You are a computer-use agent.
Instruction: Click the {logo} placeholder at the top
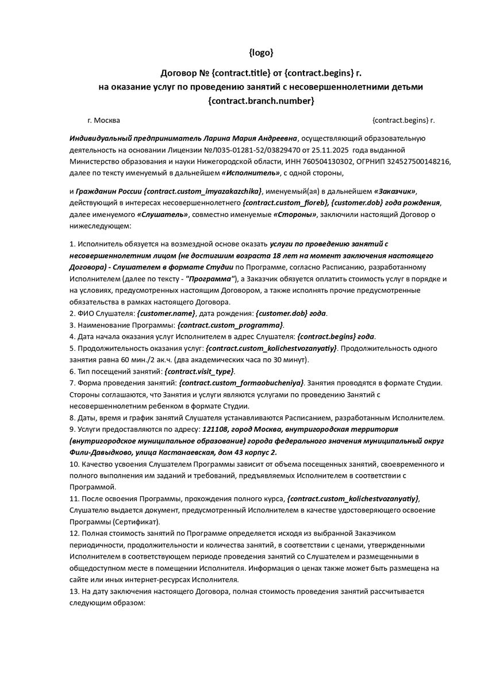(x=261, y=53)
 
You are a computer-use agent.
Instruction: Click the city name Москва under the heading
(x=107, y=121)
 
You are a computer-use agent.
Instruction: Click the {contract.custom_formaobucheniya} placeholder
(x=241, y=382)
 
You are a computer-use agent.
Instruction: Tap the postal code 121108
(x=214, y=429)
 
